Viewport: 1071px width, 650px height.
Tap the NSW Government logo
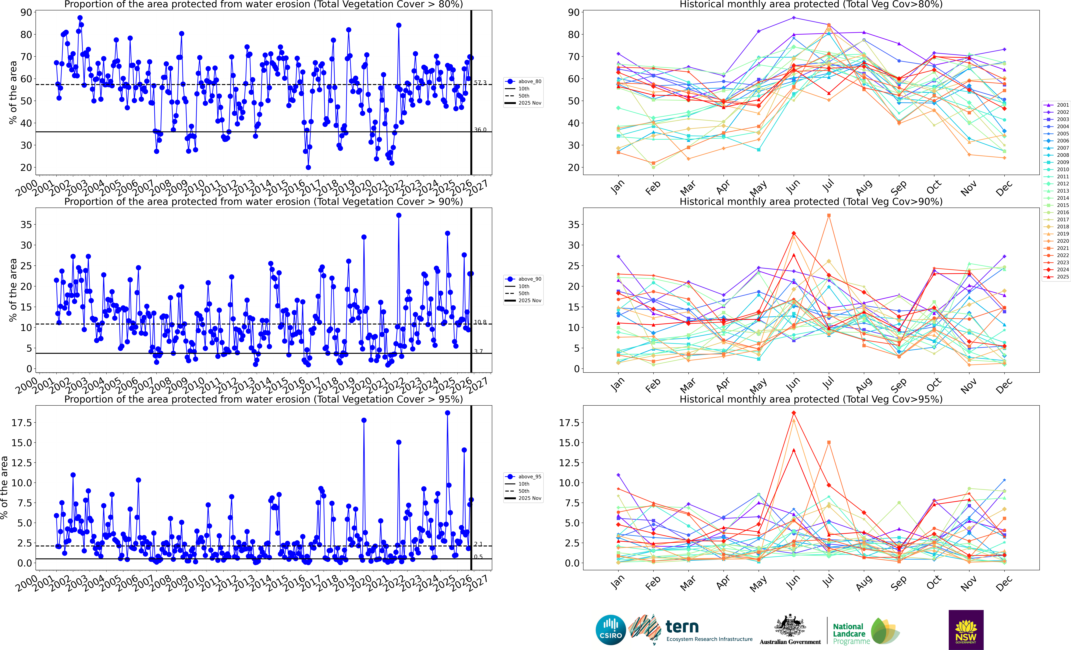966,630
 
